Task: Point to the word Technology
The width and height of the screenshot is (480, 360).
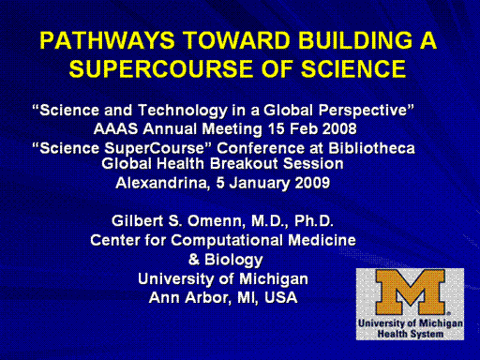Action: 183,111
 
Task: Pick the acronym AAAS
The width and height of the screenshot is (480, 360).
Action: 115,128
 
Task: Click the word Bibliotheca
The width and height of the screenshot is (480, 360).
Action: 371,148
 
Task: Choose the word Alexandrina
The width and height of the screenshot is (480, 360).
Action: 162,183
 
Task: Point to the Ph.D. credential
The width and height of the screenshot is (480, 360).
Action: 313,221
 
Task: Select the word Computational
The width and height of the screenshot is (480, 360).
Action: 227,240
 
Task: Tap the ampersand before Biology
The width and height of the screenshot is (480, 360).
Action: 194,260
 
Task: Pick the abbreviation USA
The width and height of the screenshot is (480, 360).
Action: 280,297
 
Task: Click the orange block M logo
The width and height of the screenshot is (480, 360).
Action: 411,292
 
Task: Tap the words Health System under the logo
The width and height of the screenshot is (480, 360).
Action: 411,334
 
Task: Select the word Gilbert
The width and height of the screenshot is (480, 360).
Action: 138,221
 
